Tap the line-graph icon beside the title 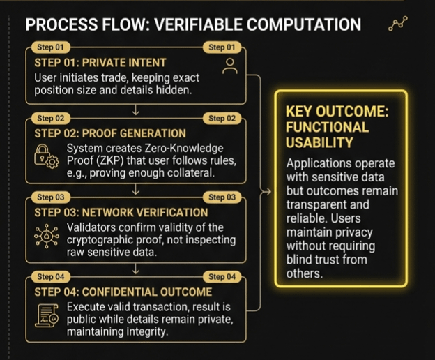point(397,25)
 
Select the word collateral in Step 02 point(186,173)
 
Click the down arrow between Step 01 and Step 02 point(136,110)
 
